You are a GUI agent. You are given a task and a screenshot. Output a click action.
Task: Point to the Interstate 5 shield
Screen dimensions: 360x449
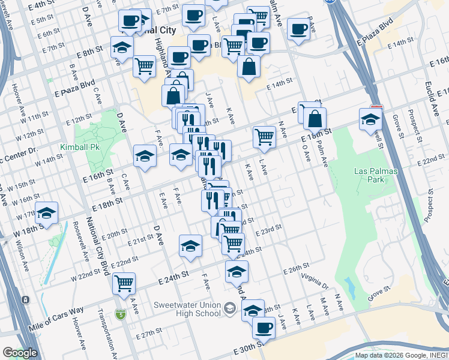click(x=122, y=313)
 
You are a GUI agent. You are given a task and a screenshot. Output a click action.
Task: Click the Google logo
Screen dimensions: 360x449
click(x=20, y=353)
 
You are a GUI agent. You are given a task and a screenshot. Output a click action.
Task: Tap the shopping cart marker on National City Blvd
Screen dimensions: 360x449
click(x=124, y=283)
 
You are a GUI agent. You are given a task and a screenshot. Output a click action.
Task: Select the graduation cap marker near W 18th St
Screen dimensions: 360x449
click(x=46, y=214)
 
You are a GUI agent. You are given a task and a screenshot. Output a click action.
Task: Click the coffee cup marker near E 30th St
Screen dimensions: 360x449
click(x=263, y=327)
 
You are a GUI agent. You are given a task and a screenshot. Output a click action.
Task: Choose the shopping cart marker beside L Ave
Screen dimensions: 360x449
click(x=264, y=136)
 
